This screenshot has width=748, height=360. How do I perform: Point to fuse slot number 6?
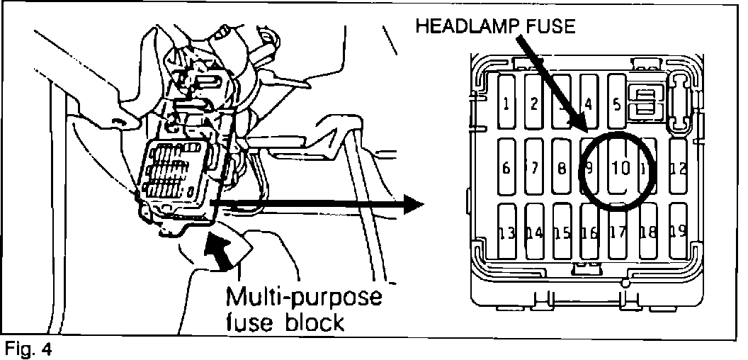[506, 169]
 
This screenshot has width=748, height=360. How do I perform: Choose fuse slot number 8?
[561, 169]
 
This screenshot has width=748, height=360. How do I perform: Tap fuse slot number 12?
[678, 169]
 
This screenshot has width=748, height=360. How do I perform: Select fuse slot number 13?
[507, 233]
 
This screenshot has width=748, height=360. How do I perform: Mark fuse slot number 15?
[562, 233]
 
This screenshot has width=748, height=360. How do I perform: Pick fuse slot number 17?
[618, 233]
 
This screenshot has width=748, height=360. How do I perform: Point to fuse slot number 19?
[677, 232]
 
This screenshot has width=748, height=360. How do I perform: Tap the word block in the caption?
[312, 322]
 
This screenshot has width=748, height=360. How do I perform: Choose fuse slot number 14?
[534, 233]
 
